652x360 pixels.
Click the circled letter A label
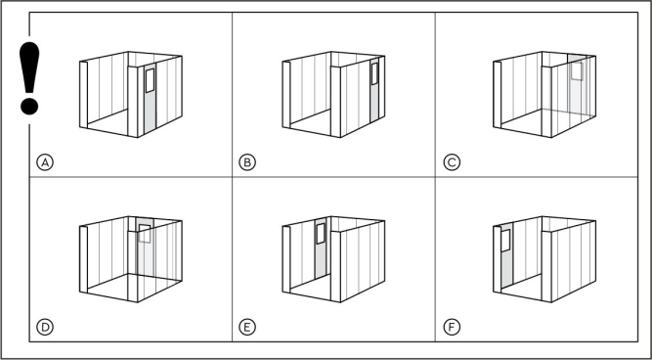click(x=45, y=162)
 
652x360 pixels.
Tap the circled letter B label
click(x=247, y=162)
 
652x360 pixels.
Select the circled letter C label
click(x=452, y=162)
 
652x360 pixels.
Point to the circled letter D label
click(x=45, y=327)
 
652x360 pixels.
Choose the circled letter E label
click(x=247, y=327)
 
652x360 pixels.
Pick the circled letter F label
click(x=452, y=327)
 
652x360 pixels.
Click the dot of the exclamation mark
click(x=29, y=106)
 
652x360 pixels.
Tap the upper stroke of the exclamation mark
click(x=29, y=67)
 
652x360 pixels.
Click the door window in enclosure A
click(x=150, y=80)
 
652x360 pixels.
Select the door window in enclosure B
click(x=374, y=73)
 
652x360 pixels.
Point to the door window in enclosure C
click(x=577, y=70)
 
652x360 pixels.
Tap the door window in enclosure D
click(x=145, y=234)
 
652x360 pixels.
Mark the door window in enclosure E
click(x=321, y=234)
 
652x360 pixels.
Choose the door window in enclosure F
click(x=505, y=241)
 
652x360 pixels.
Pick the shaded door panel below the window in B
click(x=374, y=104)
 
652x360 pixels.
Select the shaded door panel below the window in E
click(x=321, y=261)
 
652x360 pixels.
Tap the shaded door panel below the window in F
click(x=507, y=269)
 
